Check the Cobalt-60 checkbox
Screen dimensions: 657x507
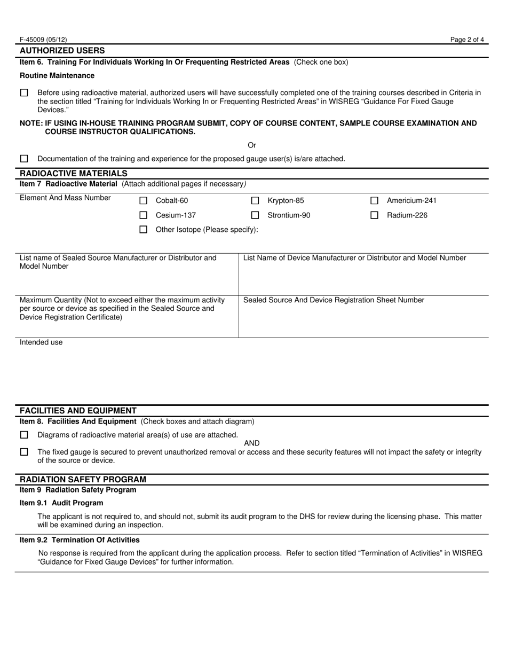pyautogui.click(x=143, y=201)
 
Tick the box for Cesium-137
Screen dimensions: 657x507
pyautogui.click(x=143, y=215)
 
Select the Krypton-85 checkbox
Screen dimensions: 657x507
pyautogui.click(x=255, y=201)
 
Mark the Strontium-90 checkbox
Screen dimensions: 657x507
pyautogui.click(x=255, y=215)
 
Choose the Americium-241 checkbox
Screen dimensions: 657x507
pyautogui.click(x=374, y=201)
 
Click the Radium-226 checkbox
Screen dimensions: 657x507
pyautogui.click(x=374, y=215)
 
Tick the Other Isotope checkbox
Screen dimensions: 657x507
pyautogui.click(x=143, y=230)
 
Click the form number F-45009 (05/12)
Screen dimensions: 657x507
pyautogui.click(x=43, y=40)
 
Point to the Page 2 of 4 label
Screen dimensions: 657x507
pyautogui.click(x=467, y=40)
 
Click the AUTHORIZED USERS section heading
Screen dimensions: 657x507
pyautogui.click(x=62, y=51)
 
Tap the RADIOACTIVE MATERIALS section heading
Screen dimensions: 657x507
pyautogui.click(x=73, y=174)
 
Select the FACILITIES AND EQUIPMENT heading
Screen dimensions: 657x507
pyautogui.click(x=78, y=411)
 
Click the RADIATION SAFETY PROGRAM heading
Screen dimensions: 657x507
pyautogui.click(x=83, y=480)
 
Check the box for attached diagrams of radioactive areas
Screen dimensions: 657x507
pyautogui.click(x=24, y=435)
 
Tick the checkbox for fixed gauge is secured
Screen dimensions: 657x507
pyautogui.click(x=24, y=452)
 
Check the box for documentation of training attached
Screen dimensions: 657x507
pyautogui.click(x=24, y=159)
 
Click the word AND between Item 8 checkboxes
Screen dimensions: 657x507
pyautogui.click(x=252, y=443)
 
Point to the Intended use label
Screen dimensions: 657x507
pyautogui.click(x=41, y=342)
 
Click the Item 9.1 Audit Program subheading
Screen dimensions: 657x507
pyautogui.click(x=61, y=503)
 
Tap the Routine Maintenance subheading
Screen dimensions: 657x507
pyautogui.click(x=57, y=76)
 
